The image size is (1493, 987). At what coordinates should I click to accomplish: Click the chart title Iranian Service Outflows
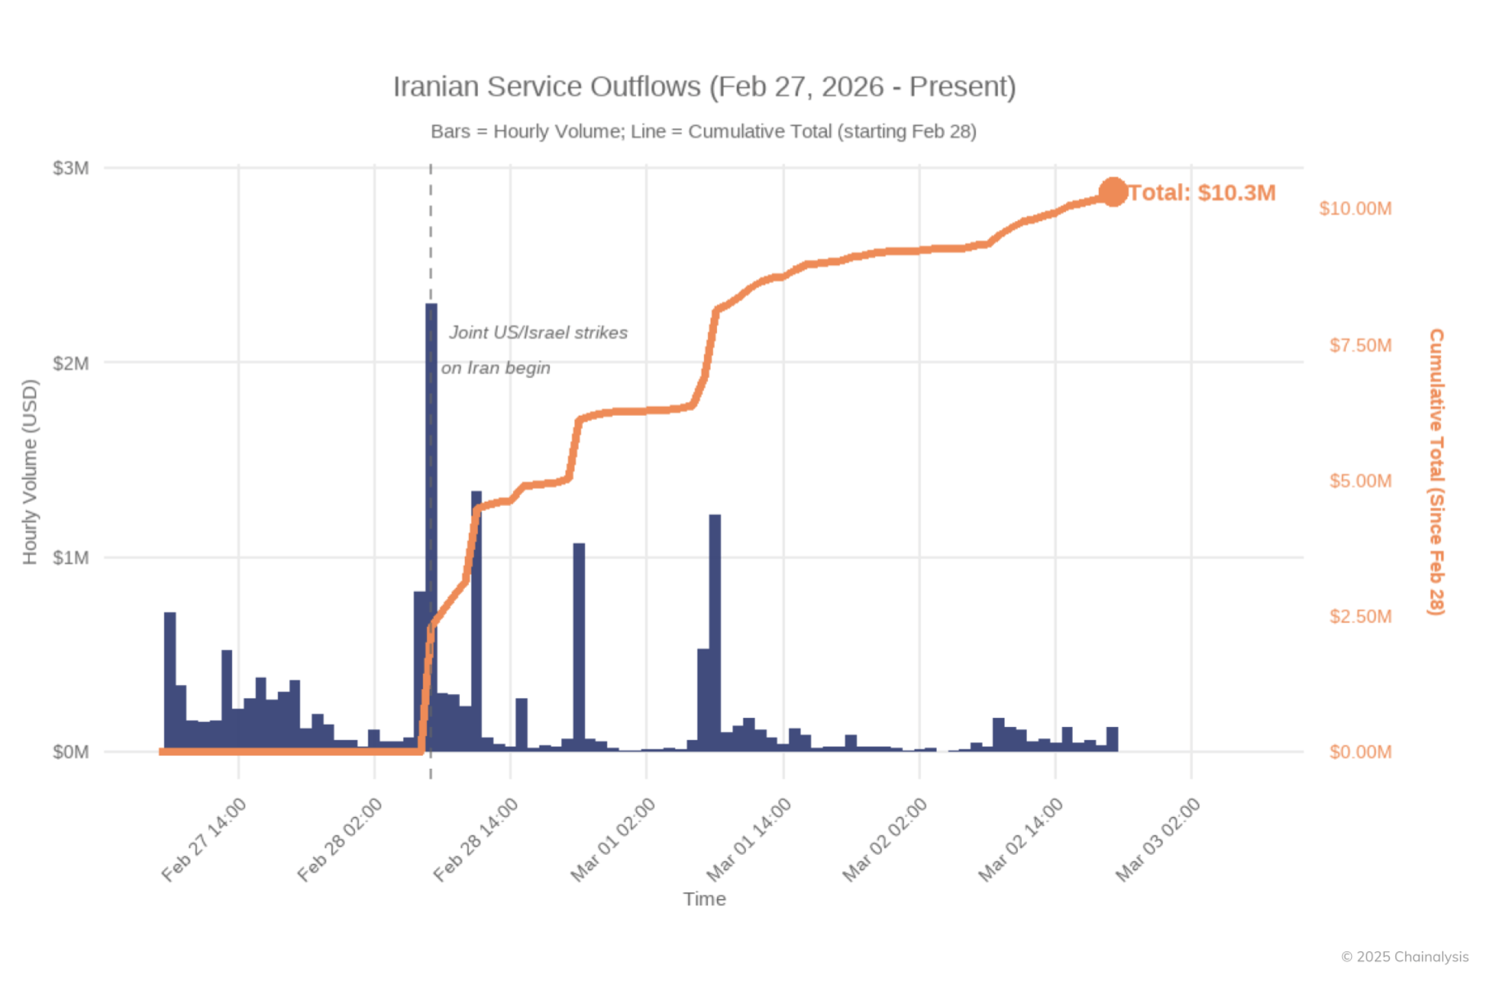(x=704, y=87)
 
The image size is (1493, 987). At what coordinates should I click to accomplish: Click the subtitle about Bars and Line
(x=703, y=131)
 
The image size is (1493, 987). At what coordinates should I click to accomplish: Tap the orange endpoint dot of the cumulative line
(x=1113, y=192)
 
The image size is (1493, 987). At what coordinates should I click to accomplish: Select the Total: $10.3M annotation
(x=1202, y=192)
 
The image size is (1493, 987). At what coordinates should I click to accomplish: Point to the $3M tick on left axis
(x=71, y=168)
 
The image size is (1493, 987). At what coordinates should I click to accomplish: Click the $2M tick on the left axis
(x=71, y=363)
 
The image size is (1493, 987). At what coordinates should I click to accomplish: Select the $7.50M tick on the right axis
(x=1359, y=345)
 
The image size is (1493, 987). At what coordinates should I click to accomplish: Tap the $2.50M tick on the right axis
(x=1359, y=617)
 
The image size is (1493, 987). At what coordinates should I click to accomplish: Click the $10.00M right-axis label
(x=1355, y=208)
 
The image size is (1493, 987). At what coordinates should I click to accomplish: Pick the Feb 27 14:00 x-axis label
(x=204, y=840)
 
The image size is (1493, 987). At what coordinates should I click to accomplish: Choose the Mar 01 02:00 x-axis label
(x=613, y=840)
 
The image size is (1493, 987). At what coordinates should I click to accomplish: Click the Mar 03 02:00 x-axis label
(x=1157, y=840)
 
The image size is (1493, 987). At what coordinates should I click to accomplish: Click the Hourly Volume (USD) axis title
(x=30, y=472)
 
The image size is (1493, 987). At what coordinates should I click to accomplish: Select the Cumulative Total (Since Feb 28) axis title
(x=1435, y=472)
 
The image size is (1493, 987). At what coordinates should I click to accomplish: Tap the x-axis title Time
(x=704, y=899)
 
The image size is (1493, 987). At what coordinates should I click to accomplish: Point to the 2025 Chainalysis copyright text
(x=1404, y=956)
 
